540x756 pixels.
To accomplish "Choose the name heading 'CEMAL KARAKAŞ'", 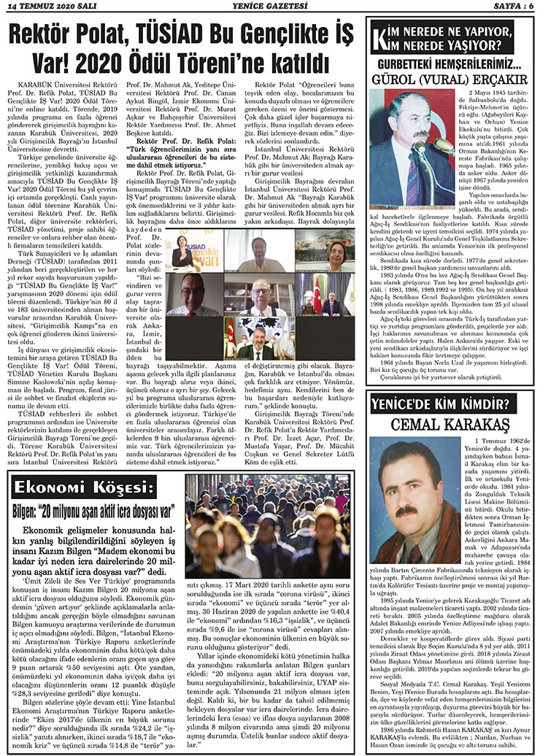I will coord(450,425).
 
